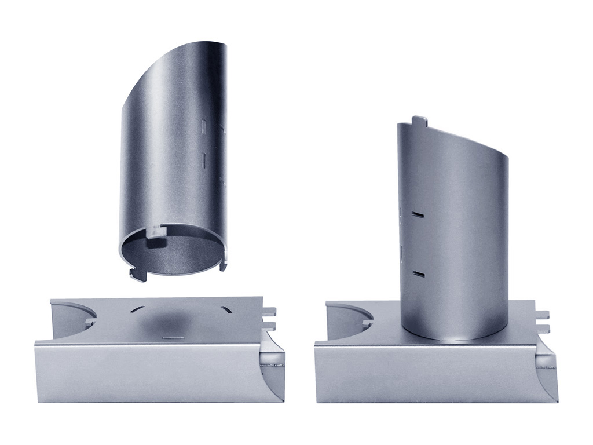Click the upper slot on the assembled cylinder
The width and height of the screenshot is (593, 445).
(x=418, y=215)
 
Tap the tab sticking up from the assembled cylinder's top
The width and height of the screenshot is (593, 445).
(x=419, y=122)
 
